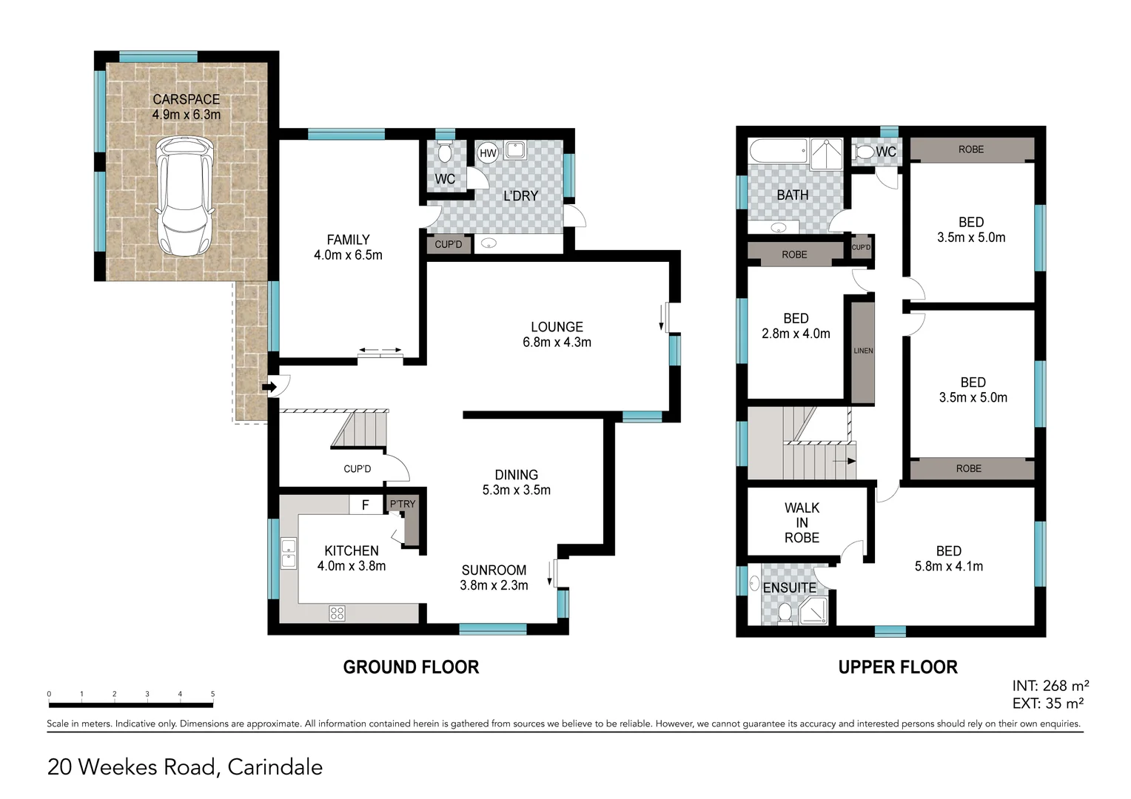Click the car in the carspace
point(184,197)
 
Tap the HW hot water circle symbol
point(488,153)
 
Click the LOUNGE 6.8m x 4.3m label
point(557,334)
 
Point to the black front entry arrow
point(269,387)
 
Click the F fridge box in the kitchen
point(366,505)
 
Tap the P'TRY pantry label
point(403,504)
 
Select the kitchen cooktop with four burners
point(337,613)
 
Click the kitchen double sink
point(289,553)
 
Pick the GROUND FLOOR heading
point(411,667)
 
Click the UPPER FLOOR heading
point(897,667)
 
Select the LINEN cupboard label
point(863,351)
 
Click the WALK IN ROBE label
point(802,523)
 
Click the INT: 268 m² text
point(1050,686)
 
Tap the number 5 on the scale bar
point(212,694)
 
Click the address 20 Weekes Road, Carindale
point(185,767)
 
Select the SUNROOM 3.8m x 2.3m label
point(494,578)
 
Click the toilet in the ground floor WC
point(445,152)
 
